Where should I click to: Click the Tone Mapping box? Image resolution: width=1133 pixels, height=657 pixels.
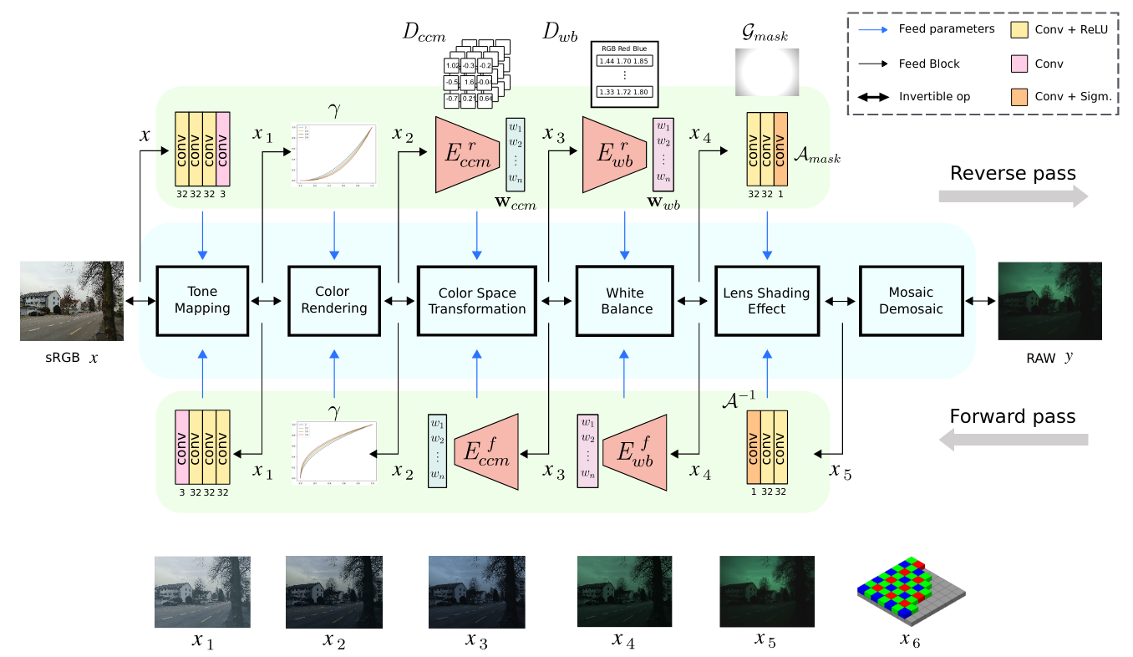202,301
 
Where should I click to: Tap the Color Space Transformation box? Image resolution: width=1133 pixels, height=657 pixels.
477,301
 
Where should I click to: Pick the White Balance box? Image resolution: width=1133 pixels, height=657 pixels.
625,301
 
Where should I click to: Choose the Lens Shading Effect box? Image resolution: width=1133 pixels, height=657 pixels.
766,301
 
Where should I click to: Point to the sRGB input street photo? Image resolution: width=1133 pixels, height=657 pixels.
72,301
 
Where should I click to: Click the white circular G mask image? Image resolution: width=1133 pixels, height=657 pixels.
766,72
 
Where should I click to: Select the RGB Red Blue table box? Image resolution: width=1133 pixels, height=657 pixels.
625,74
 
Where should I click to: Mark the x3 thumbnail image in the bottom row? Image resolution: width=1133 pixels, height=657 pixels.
477,593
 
